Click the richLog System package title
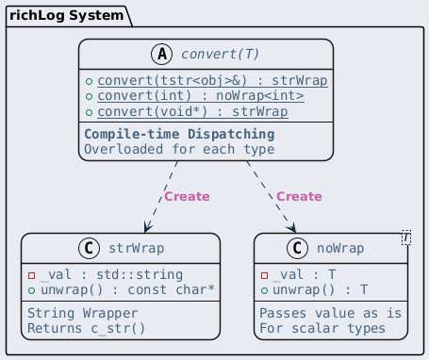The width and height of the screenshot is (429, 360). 66,16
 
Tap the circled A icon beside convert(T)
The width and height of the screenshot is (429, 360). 162,54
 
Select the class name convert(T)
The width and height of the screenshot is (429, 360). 220,54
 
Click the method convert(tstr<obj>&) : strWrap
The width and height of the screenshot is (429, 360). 212,81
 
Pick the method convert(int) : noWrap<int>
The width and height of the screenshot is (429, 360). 201,96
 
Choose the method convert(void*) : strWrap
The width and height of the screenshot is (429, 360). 192,112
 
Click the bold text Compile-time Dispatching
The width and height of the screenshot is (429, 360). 179,134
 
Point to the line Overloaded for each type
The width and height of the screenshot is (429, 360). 179,149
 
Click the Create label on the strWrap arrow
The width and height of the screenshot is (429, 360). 187,197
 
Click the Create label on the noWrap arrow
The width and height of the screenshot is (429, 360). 299,197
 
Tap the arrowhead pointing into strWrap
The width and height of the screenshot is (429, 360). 147,227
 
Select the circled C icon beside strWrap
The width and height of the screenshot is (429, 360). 89,248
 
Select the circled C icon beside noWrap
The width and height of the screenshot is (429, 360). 297,248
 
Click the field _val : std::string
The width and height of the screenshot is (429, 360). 112,275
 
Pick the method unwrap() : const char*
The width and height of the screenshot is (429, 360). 127,289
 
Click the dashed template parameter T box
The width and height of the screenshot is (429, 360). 406,237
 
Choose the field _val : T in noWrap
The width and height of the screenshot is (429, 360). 305,275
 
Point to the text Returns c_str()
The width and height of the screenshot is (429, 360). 87,329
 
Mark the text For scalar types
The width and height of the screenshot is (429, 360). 322,329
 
